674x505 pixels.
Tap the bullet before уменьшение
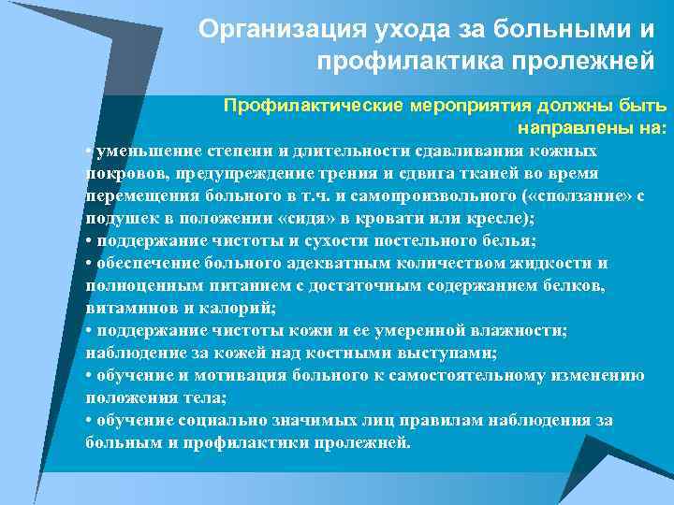click(87, 151)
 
